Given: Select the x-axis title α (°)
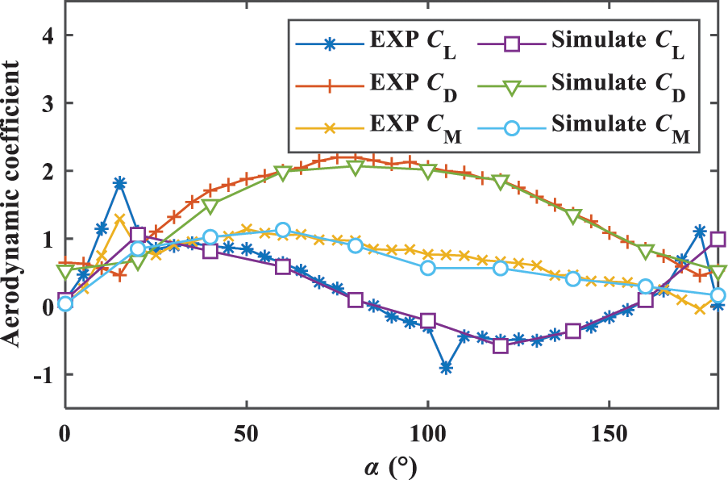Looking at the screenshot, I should (390, 465).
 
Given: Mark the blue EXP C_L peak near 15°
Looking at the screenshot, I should (119, 183).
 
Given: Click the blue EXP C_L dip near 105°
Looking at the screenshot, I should (446, 368).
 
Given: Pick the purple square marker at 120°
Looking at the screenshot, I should (501, 345).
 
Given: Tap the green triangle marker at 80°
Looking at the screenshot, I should (356, 167).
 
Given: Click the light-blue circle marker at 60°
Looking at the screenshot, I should (282, 230).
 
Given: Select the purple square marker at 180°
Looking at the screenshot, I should (718, 240).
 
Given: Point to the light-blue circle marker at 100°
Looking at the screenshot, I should (428, 268).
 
